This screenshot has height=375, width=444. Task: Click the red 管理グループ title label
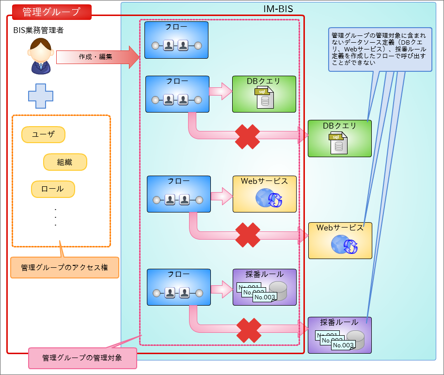pyautogui.click(x=51, y=12)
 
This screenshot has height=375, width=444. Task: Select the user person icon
pyautogui.click(x=41, y=56)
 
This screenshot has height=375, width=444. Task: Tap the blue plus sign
pyautogui.click(x=40, y=96)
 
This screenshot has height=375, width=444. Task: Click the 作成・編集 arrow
pyautogui.click(x=97, y=56)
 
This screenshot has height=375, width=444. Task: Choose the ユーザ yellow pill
pyautogui.click(x=43, y=135)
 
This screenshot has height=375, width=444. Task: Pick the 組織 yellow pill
pyautogui.click(x=65, y=162)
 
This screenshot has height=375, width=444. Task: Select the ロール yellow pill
pyautogui.click(x=53, y=189)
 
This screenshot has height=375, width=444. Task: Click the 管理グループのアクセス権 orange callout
pyautogui.click(x=64, y=267)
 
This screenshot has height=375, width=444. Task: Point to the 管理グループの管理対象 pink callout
pyautogui.click(x=82, y=358)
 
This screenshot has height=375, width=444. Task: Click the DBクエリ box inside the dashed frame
pyautogui.click(x=264, y=94)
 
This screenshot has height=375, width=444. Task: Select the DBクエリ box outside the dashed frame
pyautogui.click(x=339, y=138)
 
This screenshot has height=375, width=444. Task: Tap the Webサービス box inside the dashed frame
pyautogui.click(x=264, y=194)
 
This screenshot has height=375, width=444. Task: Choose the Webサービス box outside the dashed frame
pyautogui.click(x=340, y=241)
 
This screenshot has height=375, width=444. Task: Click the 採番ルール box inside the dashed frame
pyautogui.click(x=264, y=287)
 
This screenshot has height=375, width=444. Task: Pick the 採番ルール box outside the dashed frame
pyautogui.click(x=339, y=335)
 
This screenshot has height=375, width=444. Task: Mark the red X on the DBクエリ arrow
pyautogui.click(x=248, y=137)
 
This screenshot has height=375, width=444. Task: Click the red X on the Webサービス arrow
pyautogui.click(x=248, y=235)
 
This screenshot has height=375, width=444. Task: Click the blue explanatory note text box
pyautogui.click(x=380, y=49)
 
